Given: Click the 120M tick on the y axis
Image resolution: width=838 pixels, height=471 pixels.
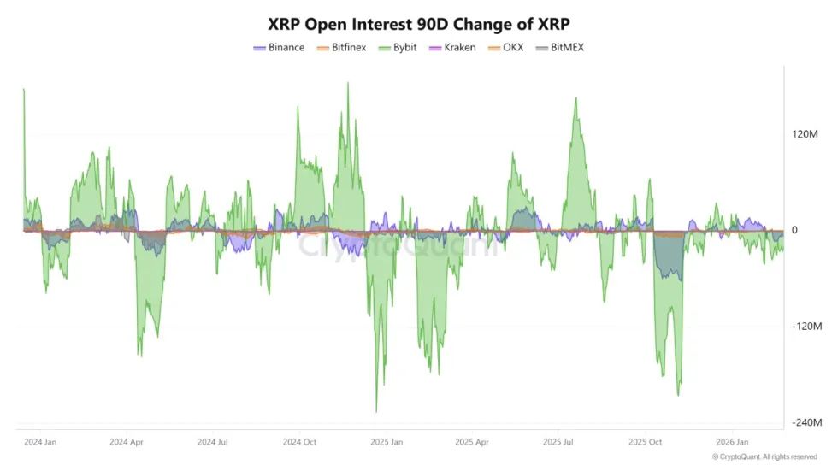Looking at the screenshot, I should click(x=806, y=134).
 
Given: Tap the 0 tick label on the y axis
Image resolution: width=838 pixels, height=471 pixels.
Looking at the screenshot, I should click(x=794, y=230).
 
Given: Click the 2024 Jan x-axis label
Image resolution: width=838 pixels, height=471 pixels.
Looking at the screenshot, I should click(x=40, y=442).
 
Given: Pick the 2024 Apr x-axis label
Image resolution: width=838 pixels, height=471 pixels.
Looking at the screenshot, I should click(x=127, y=442).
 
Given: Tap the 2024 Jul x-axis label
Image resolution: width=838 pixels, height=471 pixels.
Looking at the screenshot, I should click(x=214, y=442).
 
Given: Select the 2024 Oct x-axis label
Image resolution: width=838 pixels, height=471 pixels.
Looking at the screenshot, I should click(x=300, y=442).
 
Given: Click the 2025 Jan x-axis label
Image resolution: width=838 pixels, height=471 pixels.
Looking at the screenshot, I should click(x=387, y=442).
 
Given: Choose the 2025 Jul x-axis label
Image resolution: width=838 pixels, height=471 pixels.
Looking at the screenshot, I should click(x=559, y=442).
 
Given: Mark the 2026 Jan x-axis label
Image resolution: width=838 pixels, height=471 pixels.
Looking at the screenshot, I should click(x=732, y=442).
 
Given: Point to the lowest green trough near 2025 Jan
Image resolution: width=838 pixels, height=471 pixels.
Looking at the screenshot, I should click(x=376, y=411).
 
